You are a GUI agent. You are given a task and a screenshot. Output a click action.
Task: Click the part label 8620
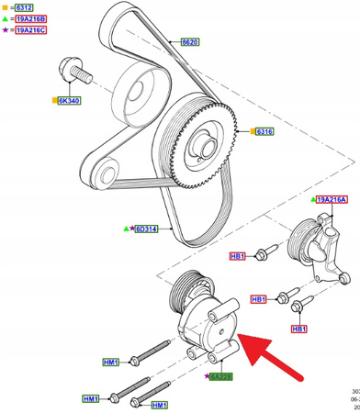pyautogui.click(x=190, y=42)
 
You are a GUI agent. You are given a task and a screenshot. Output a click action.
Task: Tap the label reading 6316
pyautogui.click(x=264, y=131)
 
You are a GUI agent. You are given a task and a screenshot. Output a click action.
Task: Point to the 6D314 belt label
pyautogui.click(x=147, y=229)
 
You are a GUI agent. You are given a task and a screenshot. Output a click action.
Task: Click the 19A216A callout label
pyautogui.click(x=332, y=198)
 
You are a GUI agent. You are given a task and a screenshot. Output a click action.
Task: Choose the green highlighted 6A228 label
pyautogui.click(x=221, y=377)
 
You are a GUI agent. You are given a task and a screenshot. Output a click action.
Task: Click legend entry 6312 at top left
pyautogui.click(x=28, y=6)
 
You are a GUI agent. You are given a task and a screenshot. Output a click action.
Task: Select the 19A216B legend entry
pyautogui.click(x=32, y=18)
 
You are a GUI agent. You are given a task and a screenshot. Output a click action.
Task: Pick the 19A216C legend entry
pyautogui.click(x=32, y=30)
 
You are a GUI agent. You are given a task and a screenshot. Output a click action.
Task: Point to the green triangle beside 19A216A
pyautogui.click(x=310, y=198)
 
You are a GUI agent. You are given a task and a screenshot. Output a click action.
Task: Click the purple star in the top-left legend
pyautogui.click(x=6, y=30)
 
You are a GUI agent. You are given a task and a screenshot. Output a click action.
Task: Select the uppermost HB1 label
pyautogui.click(x=237, y=256)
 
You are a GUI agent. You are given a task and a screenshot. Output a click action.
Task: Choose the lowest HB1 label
pyautogui.click(x=298, y=328)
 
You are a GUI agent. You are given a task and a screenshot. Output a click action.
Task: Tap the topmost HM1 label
pyautogui.click(x=110, y=363)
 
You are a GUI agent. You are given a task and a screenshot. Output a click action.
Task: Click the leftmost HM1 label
pyautogui.click(x=91, y=399)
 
